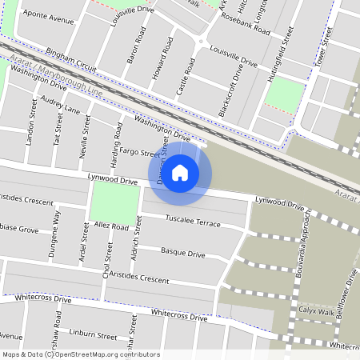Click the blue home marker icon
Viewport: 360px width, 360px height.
click(180, 172)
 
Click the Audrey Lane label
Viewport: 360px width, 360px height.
click(61, 106)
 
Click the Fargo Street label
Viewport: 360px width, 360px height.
click(139, 152)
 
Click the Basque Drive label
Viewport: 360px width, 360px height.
click(183, 252)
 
